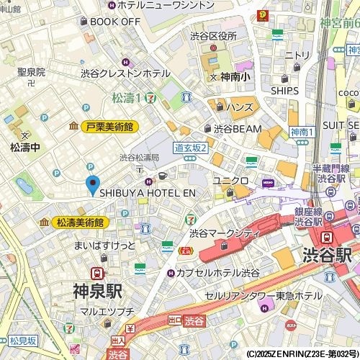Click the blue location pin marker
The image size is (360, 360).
(x=92, y=185)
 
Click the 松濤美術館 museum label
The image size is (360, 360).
(x=79, y=222)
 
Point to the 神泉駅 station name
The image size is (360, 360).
(x=96, y=292)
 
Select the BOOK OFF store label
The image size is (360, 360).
(x=114, y=22)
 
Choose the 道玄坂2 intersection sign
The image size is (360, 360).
(x=191, y=148)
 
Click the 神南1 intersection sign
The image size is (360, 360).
(x=303, y=132)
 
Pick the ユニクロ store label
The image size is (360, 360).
(x=230, y=180)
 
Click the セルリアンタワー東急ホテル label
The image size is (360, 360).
(x=263, y=296)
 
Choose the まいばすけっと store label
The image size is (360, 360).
(x=104, y=246)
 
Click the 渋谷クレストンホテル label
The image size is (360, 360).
(x=125, y=73)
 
